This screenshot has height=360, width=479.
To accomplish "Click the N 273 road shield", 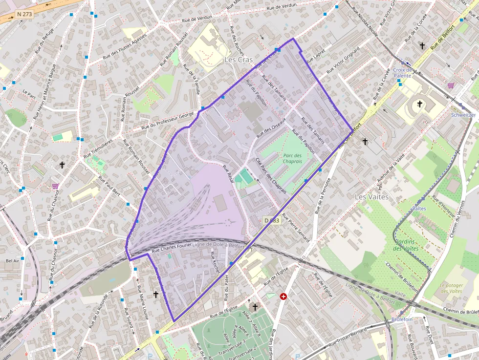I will pyautogui.click(x=24, y=14).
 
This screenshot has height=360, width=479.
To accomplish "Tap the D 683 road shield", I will pyautogui.click(x=271, y=221).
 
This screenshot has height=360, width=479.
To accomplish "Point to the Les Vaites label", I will pyautogui.click(x=371, y=197).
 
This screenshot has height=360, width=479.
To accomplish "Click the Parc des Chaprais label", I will pyautogui.click(x=292, y=158).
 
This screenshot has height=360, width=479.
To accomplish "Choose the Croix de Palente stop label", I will pyautogui.click(x=402, y=73).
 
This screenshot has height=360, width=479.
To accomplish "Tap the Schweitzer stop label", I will pyautogui.click(x=463, y=115).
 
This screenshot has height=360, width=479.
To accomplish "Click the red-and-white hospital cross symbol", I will pyautogui.click(x=283, y=296).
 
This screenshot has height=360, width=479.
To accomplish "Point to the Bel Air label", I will pyautogui.click(x=12, y=261).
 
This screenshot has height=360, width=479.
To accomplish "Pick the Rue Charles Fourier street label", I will pyautogui.click(x=172, y=248).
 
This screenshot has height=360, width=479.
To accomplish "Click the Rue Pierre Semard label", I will pyautogui.click(x=296, y=229).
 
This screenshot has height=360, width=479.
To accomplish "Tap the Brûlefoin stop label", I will pyautogui.click(x=402, y=319).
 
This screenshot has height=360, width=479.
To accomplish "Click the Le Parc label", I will pyautogui.click(x=30, y=92).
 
